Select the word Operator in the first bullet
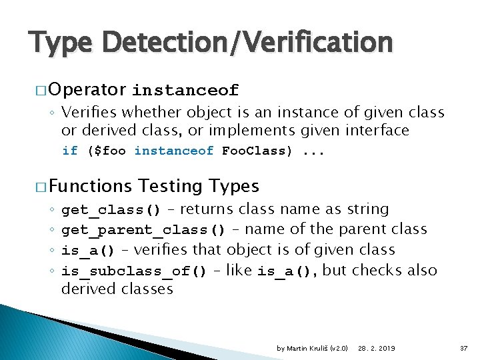coord(87,89)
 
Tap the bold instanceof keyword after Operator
coord(185,90)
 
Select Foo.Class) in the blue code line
coord(257,151)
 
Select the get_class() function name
coord(111,210)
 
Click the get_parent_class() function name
coord(143,230)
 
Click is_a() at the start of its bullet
coord(87,251)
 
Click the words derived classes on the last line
coord(117,289)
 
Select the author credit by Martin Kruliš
coord(304,348)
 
